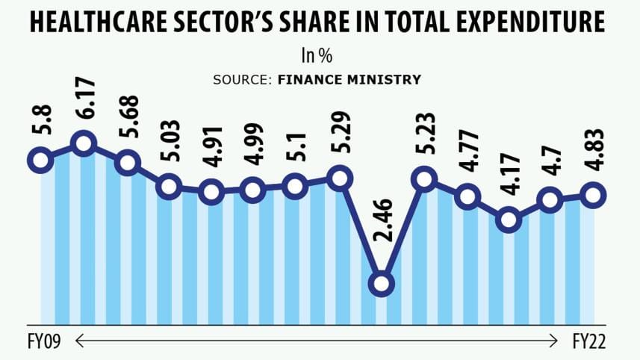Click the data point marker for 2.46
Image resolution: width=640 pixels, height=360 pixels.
[x=382, y=284]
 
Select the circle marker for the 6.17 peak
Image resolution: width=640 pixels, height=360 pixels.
[x=84, y=143]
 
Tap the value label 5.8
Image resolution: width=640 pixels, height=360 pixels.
[x=40, y=120]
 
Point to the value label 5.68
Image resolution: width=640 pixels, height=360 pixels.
[x=127, y=120]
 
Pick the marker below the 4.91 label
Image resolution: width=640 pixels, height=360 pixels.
[x=212, y=192]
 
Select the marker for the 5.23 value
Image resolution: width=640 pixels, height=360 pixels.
[x=424, y=179]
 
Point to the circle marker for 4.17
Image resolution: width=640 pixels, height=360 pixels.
[x=509, y=220]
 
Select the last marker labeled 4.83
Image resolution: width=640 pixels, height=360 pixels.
[x=594, y=194]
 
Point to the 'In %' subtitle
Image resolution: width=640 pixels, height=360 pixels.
[x=319, y=57]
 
